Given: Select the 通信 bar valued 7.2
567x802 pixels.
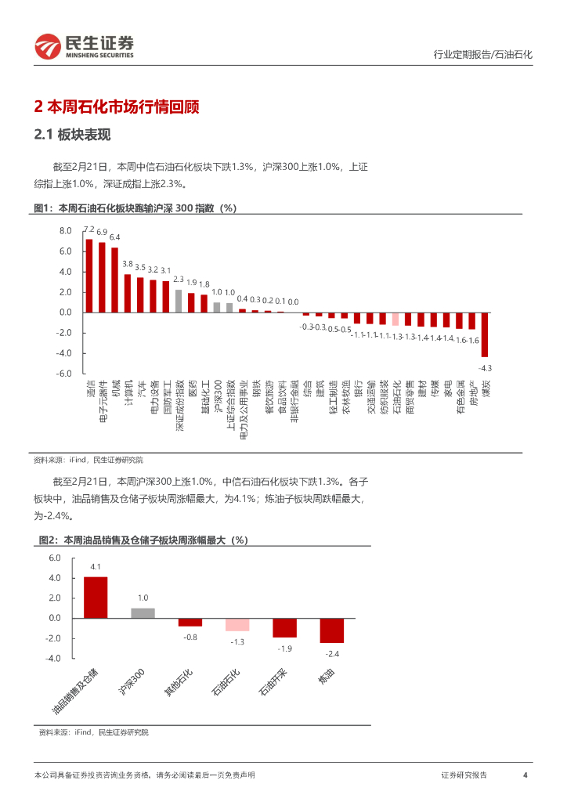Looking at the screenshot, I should coord(89,276).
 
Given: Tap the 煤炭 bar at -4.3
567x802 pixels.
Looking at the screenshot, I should coord(485,334).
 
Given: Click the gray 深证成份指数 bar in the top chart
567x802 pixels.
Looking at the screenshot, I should coord(179,301).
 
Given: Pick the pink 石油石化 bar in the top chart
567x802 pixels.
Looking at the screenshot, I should coord(396,319).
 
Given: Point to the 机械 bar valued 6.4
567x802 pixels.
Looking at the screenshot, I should coord(114,280).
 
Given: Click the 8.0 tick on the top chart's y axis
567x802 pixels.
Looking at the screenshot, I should coord(66,231).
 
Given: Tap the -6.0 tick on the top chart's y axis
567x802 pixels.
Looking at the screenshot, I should coord(64,374).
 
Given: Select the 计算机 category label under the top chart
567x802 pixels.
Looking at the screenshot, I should coord(128,392).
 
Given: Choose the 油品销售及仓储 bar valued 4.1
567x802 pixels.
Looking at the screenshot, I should coord(96,598).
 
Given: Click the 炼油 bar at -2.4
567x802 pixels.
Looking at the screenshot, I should coord(331,630).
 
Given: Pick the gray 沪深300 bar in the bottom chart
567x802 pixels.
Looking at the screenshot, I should coord(143,613).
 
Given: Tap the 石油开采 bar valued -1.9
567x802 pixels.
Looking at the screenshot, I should coord(284,627).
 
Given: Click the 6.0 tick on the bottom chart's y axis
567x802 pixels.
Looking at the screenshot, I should coord(54,558).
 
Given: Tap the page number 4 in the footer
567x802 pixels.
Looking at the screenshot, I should coord(525,775).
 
